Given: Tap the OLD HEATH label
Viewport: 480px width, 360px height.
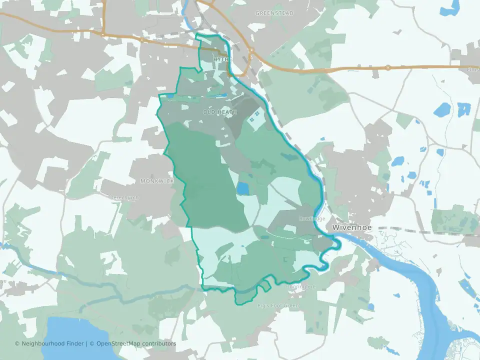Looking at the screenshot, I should click(x=220, y=112).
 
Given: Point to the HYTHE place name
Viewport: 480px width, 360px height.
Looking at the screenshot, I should click(x=222, y=59).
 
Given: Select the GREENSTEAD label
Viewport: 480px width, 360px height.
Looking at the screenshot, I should click(x=274, y=13).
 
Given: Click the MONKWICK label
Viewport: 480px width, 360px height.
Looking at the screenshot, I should click(x=156, y=180).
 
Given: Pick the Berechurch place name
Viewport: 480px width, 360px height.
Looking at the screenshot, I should click(x=124, y=197).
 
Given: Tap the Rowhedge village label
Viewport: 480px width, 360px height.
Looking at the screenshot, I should click(x=312, y=219).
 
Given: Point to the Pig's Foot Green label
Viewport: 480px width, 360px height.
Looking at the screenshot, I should click(x=278, y=305).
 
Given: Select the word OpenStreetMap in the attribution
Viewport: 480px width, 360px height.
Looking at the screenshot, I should click(x=119, y=343).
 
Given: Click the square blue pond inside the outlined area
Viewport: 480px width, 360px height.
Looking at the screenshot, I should click(x=242, y=188).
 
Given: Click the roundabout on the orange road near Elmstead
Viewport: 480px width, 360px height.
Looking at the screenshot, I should click(x=388, y=67).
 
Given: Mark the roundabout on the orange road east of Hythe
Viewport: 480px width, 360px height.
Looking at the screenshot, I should click(x=250, y=56).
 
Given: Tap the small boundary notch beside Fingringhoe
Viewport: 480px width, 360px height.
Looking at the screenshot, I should click(x=264, y=286).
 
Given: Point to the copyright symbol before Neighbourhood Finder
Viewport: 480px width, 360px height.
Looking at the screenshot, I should click(x=17, y=343).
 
